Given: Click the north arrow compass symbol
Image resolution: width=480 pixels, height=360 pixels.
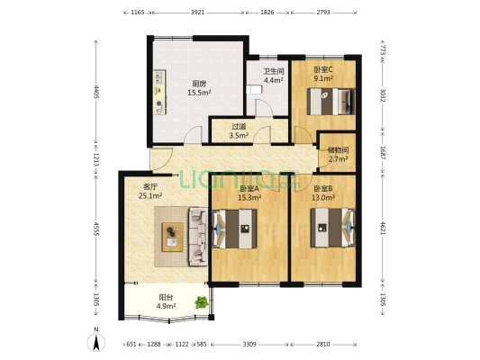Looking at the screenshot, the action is pyautogui.click(x=96, y=342).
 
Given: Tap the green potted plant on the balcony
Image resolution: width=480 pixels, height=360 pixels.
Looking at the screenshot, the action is pyautogui.click(x=202, y=302).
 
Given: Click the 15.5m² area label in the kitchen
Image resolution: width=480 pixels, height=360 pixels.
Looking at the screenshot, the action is pyautogui.click(x=199, y=93).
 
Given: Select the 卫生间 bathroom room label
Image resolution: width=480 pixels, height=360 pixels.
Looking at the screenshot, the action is pyautogui.click(x=274, y=72).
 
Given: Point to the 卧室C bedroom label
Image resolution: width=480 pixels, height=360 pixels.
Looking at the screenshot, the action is pyautogui.click(x=323, y=69).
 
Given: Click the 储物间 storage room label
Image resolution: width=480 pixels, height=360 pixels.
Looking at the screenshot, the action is pyautogui.click(x=338, y=150).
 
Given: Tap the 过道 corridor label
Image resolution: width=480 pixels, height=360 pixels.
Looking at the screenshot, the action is pyautogui.click(x=239, y=126).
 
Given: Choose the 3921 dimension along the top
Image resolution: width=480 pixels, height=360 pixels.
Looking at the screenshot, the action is pyautogui.click(x=198, y=13).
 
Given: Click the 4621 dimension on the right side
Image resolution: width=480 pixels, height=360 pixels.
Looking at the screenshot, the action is pyautogui.click(x=383, y=229).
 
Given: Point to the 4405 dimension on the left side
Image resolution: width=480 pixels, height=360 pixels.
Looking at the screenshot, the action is pyautogui.click(x=96, y=92).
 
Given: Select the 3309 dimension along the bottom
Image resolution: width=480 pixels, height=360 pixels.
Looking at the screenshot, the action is pyautogui.click(x=249, y=345).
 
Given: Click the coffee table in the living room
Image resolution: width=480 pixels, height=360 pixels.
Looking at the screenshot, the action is pyautogui.click(x=172, y=237).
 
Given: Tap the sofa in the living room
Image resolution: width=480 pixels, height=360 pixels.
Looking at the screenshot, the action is pyautogui.click(x=198, y=237).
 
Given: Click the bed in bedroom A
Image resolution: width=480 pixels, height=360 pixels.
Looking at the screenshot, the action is pyautogui.click(x=234, y=229).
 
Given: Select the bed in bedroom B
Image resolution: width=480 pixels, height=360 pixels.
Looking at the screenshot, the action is pyautogui.click(x=332, y=228).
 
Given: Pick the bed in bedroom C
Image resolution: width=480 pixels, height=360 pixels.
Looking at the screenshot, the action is pyautogui.click(x=331, y=102).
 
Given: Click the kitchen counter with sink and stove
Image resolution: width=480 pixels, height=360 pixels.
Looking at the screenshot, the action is pyautogui.click(x=159, y=93).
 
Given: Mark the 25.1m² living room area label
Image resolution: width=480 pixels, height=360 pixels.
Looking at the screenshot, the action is pyautogui.click(x=150, y=196).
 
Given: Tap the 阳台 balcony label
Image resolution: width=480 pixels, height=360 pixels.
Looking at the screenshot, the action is pyautogui.click(x=166, y=297).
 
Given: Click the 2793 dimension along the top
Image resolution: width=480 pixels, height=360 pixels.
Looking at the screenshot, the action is pyautogui.click(x=323, y=13).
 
